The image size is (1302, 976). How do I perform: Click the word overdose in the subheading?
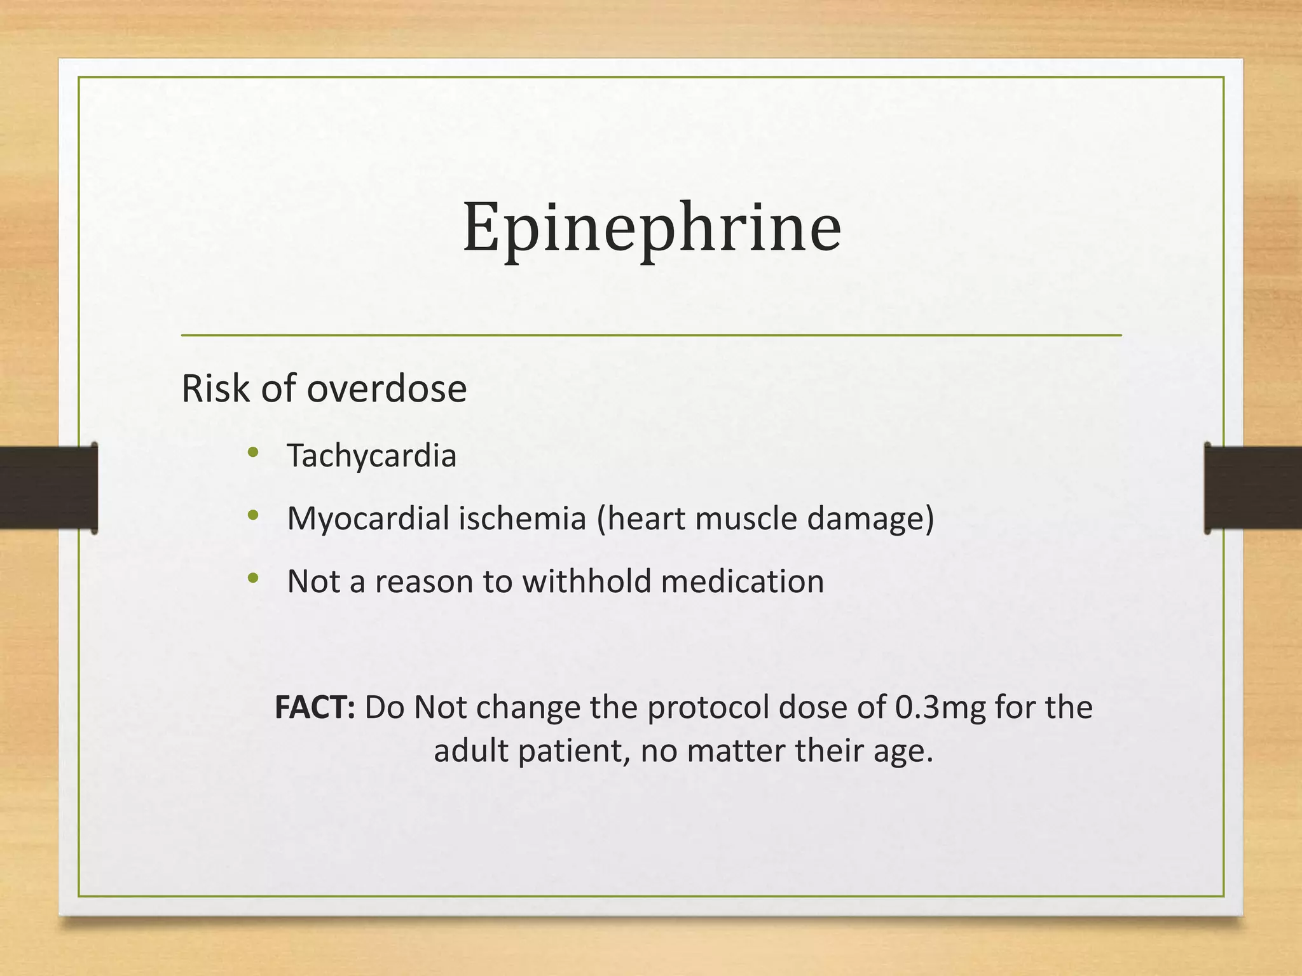click(x=387, y=388)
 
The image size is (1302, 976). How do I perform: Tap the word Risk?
click(x=216, y=388)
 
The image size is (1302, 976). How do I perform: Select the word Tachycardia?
click(x=371, y=456)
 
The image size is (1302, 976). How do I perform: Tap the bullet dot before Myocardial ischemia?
click(x=253, y=516)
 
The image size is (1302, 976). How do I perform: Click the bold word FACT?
click(x=314, y=707)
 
